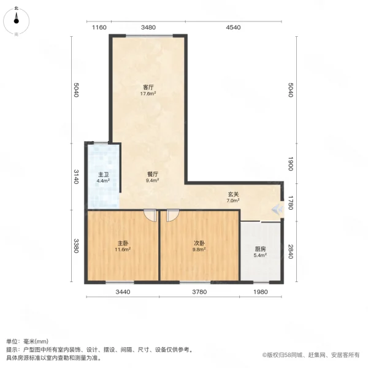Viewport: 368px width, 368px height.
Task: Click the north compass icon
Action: coord(17,21)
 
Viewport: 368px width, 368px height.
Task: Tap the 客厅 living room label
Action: coord(148,87)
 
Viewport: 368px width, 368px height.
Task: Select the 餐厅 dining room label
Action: coord(153,174)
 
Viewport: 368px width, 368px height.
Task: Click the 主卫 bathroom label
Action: coord(103,174)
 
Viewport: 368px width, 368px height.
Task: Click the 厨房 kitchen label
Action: coord(261,249)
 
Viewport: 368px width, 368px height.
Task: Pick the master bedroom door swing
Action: coord(149,216)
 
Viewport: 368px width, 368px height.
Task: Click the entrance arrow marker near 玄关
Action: coord(276,209)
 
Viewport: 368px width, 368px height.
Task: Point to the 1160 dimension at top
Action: coord(99,28)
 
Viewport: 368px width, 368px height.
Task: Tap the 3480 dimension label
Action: coord(148,28)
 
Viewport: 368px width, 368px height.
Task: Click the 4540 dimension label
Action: coord(234,28)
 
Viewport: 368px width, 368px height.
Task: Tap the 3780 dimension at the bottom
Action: coord(199,291)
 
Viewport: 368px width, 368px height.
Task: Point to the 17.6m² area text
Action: coord(148,94)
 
